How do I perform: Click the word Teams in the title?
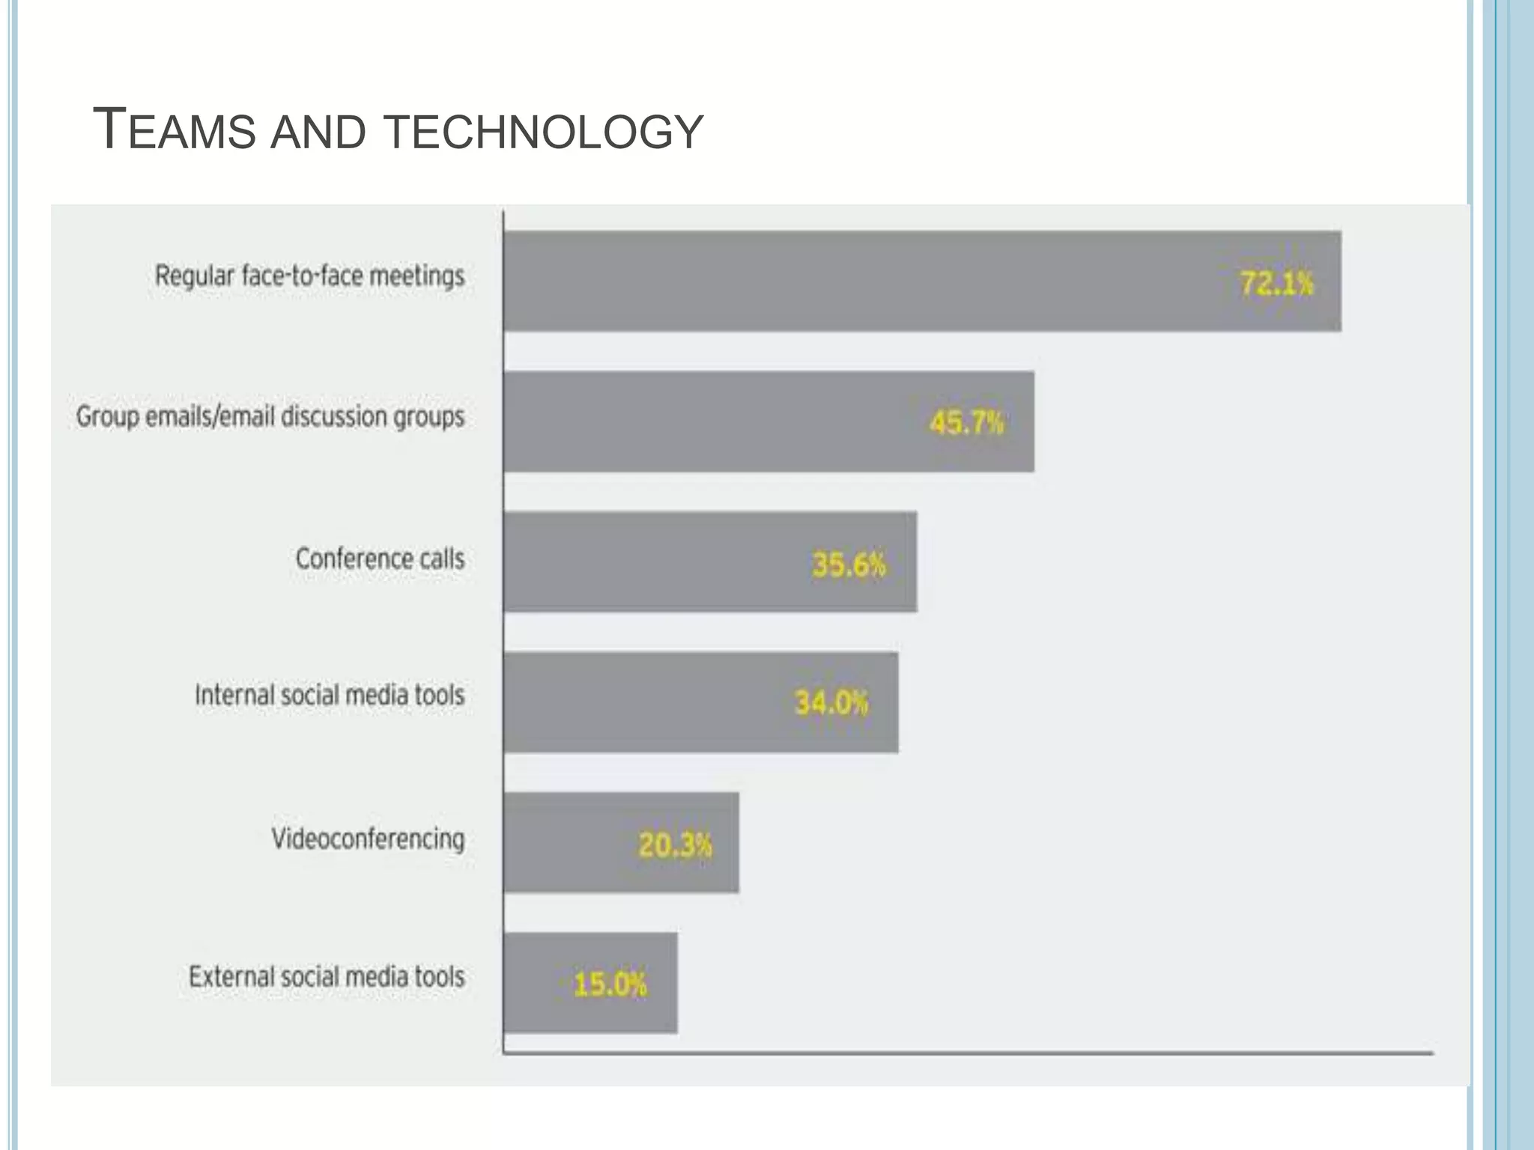[x=174, y=130]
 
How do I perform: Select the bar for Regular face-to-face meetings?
[x=861, y=281]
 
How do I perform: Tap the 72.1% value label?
[x=1276, y=284]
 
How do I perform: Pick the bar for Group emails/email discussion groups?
[x=712, y=422]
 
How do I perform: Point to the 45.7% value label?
[x=966, y=423]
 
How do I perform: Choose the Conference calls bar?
[x=652, y=562]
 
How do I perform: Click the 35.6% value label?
[x=849, y=565]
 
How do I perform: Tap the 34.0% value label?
[x=831, y=703]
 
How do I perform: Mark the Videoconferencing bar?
[x=569, y=842]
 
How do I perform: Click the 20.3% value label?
[x=675, y=845]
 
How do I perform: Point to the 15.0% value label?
[x=610, y=984]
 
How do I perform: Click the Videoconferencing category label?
[x=368, y=839]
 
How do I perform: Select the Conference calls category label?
[x=380, y=559]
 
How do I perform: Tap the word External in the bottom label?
[x=225, y=976]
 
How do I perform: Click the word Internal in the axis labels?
[x=234, y=695]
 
